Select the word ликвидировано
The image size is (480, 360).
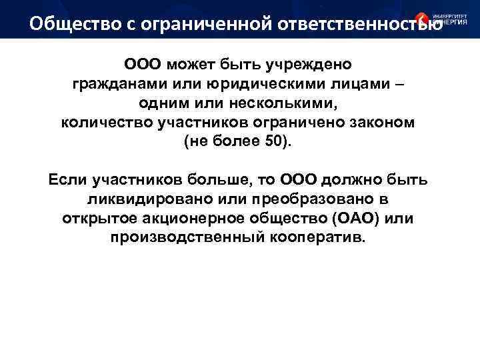[143, 199]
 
